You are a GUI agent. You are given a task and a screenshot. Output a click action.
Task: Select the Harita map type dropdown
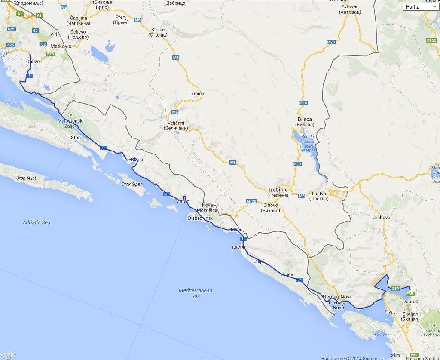(421, 7)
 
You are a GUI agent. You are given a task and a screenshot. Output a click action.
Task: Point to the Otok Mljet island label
(27, 178)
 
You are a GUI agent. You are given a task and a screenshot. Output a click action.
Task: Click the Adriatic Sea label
(37, 222)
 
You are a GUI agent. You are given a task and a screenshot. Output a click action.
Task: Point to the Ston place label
(76, 138)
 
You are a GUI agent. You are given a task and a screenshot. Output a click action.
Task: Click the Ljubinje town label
(197, 93)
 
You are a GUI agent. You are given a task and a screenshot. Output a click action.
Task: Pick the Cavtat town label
(238, 247)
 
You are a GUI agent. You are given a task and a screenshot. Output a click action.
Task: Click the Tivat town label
(390, 311)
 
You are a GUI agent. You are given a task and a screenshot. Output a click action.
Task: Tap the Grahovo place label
(382, 218)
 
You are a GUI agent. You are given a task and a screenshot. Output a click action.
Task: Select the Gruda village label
(287, 274)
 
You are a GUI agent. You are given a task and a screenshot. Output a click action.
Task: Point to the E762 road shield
(431, 40)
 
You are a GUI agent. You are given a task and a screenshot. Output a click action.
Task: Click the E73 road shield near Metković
(51, 54)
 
